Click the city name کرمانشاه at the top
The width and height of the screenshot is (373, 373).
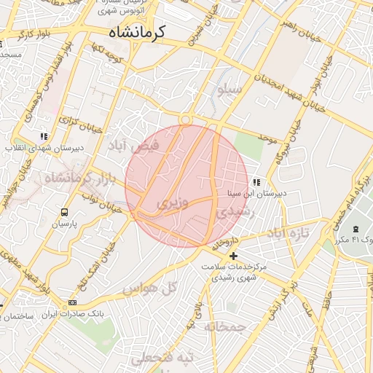(138, 32)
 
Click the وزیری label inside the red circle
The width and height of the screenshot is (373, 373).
(173, 202)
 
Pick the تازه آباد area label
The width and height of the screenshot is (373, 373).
(288, 232)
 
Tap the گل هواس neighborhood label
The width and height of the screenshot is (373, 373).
(149, 288)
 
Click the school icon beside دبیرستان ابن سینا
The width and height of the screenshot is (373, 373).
(256, 182)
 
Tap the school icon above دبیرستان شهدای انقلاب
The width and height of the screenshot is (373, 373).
(44, 136)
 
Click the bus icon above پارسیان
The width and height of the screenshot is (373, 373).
(64, 213)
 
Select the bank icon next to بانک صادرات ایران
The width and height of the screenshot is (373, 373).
(72, 302)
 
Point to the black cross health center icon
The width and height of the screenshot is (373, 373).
(233, 256)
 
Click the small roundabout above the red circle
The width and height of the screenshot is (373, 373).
(186, 119)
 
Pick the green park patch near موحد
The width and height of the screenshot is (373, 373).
(249, 146)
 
